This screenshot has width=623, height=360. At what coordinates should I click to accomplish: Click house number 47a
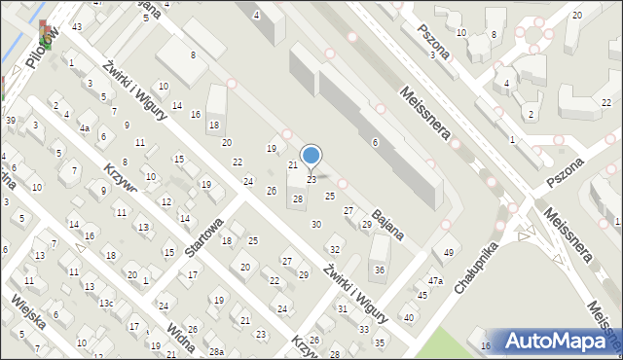(x=436, y=281)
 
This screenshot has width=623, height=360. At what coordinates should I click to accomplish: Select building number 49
(x=448, y=253)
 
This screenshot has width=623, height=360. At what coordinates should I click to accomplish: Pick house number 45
(x=421, y=295)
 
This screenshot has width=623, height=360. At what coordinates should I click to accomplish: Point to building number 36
(x=380, y=270)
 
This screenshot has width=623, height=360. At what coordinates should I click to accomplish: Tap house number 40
(x=409, y=317)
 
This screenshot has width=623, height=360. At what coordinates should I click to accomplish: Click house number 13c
(x=105, y=304)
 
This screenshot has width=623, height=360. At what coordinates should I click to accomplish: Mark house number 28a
(x=216, y=351)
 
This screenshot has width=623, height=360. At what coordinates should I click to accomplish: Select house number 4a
(x=85, y=128)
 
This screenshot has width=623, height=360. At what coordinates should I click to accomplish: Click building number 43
(x=76, y=26)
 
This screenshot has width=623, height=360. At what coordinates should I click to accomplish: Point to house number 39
(x=10, y=120)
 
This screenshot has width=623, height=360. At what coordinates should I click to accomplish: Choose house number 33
(x=363, y=330)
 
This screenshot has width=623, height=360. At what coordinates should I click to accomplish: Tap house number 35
(x=380, y=342)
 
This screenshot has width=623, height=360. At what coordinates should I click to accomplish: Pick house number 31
(x=343, y=308)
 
